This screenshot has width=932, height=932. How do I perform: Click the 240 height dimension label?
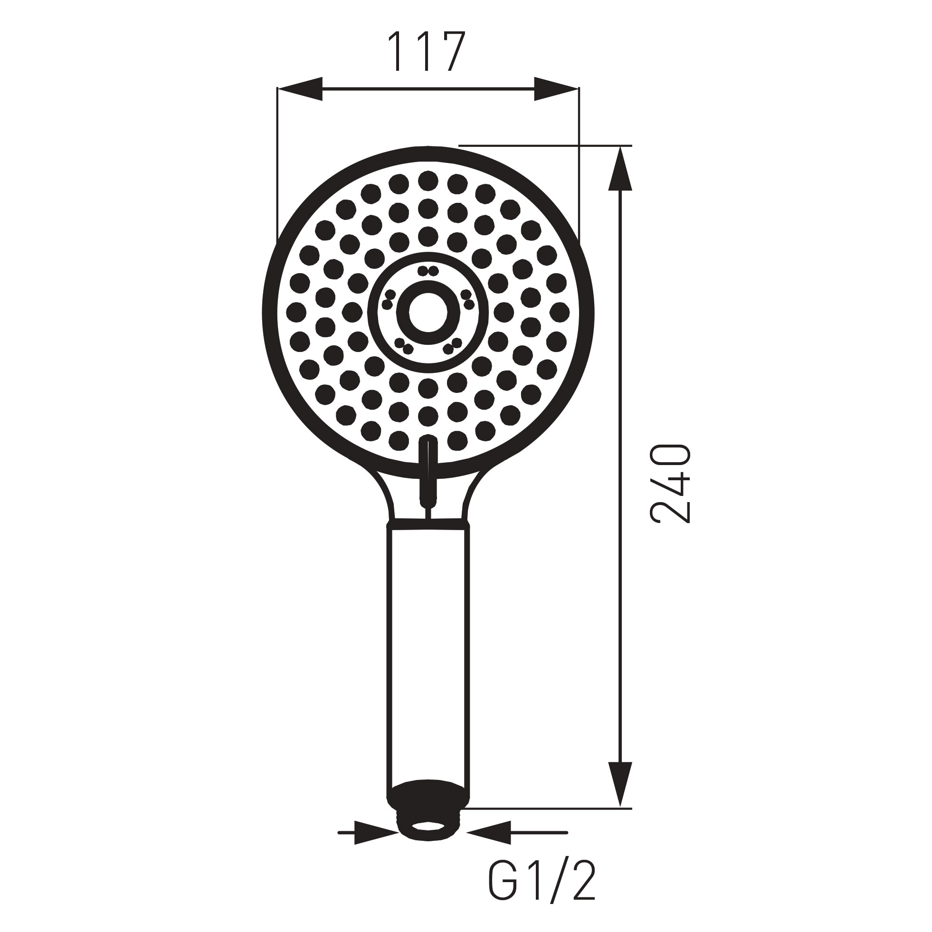[671, 484]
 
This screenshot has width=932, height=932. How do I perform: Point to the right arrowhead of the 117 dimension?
[556, 89]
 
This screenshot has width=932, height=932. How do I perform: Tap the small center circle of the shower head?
[428, 312]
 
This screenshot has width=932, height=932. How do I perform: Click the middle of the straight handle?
[428, 661]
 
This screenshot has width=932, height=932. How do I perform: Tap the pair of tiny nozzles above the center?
[428, 271]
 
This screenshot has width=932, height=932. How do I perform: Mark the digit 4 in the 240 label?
[671, 484]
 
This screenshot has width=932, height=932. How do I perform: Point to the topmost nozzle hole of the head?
[428, 181]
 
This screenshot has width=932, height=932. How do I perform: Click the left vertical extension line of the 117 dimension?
[277, 164]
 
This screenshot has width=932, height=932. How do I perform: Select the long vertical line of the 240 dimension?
[620, 483]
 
